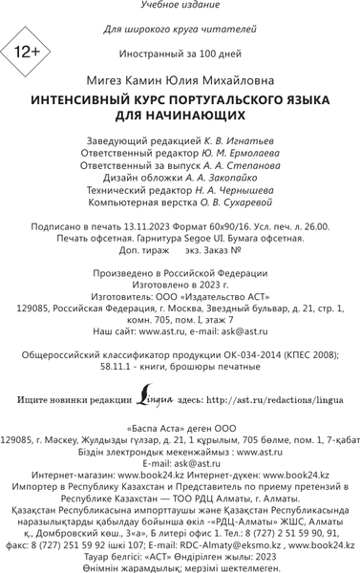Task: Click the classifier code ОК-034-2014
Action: click(241, 354)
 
